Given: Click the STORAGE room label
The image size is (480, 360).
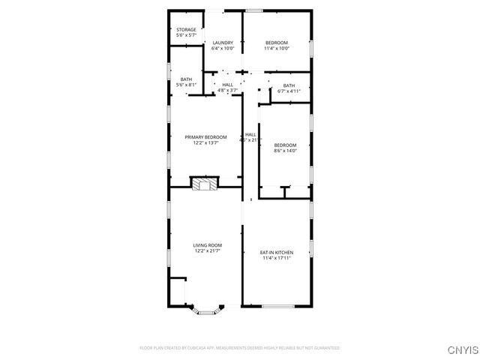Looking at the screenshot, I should [x=186, y=30].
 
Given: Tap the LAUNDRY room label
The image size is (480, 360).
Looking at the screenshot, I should [x=223, y=43].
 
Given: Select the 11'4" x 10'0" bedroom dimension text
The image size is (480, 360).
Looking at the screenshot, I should [x=277, y=49].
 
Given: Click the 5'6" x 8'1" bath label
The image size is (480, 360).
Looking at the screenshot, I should [x=186, y=79].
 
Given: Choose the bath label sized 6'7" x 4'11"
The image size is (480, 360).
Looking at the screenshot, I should [x=289, y=85].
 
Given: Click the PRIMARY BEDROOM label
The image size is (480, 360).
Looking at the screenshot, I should [x=205, y=137].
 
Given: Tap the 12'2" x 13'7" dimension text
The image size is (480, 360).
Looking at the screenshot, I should [x=205, y=143].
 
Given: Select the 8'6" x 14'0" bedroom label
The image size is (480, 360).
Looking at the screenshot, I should [x=285, y=148].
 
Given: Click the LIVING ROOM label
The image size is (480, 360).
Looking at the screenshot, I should [x=208, y=245].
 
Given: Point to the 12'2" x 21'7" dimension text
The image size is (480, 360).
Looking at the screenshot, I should [x=208, y=251].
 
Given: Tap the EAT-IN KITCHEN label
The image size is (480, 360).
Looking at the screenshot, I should [x=277, y=253].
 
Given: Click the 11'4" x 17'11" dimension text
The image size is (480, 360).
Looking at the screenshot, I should [x=277, y=259].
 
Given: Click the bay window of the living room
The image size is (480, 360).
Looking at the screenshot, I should [x=205, y=307].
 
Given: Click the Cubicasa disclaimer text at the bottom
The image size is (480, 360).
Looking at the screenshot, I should [x=240, y=348].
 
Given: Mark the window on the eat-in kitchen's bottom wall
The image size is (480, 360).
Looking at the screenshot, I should [x=277, y=305].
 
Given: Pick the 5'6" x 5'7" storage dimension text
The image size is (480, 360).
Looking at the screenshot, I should [x=186, y=36].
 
